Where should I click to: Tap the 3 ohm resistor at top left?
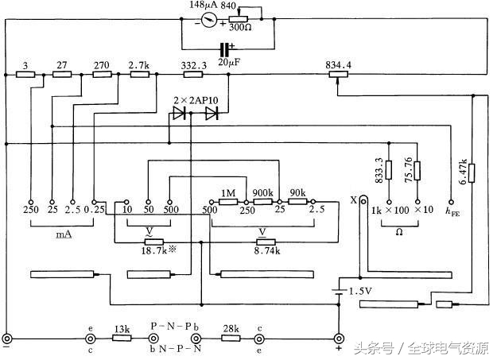[26, 74]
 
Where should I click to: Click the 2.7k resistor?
[140, 74]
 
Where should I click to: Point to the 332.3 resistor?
[194, 74]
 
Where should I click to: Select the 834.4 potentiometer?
[339, 74]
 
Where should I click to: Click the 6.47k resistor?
[472, 172]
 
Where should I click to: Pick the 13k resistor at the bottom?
[121, 338]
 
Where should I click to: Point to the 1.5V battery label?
[359, 291]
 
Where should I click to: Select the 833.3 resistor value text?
[378, 170]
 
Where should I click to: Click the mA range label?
[64, 235]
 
